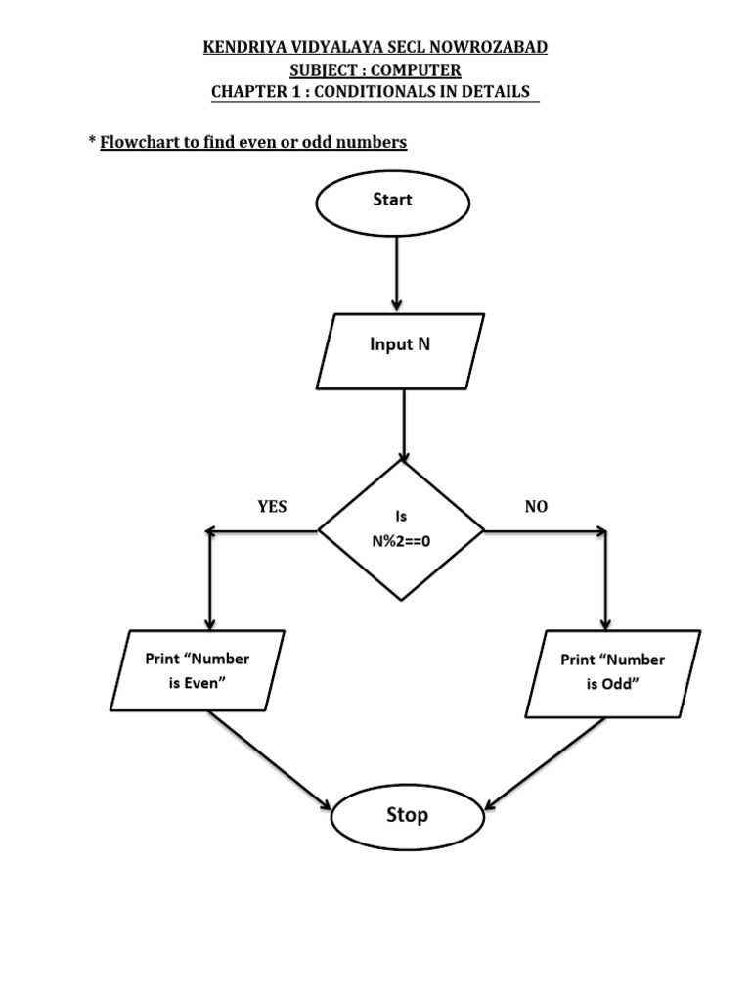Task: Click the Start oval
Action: pyautogui.click(x=392, y=202)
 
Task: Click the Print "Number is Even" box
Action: pyautogui.click(x=197, y=670)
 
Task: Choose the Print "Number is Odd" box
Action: pyautogui.click(x=612, y=672)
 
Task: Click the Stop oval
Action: pyautogui.click(x=407, y=816)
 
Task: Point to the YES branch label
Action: pyautogui.click(x=272, y=506)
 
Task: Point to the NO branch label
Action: pyautogui.click(x=536, y=506)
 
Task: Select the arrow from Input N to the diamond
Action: pyautogui.click(x=404, y=425)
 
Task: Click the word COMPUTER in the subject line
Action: pyautogui.click(x=415, y=69)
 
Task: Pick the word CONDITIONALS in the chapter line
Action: pyautogui.click(x=390, y=92)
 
